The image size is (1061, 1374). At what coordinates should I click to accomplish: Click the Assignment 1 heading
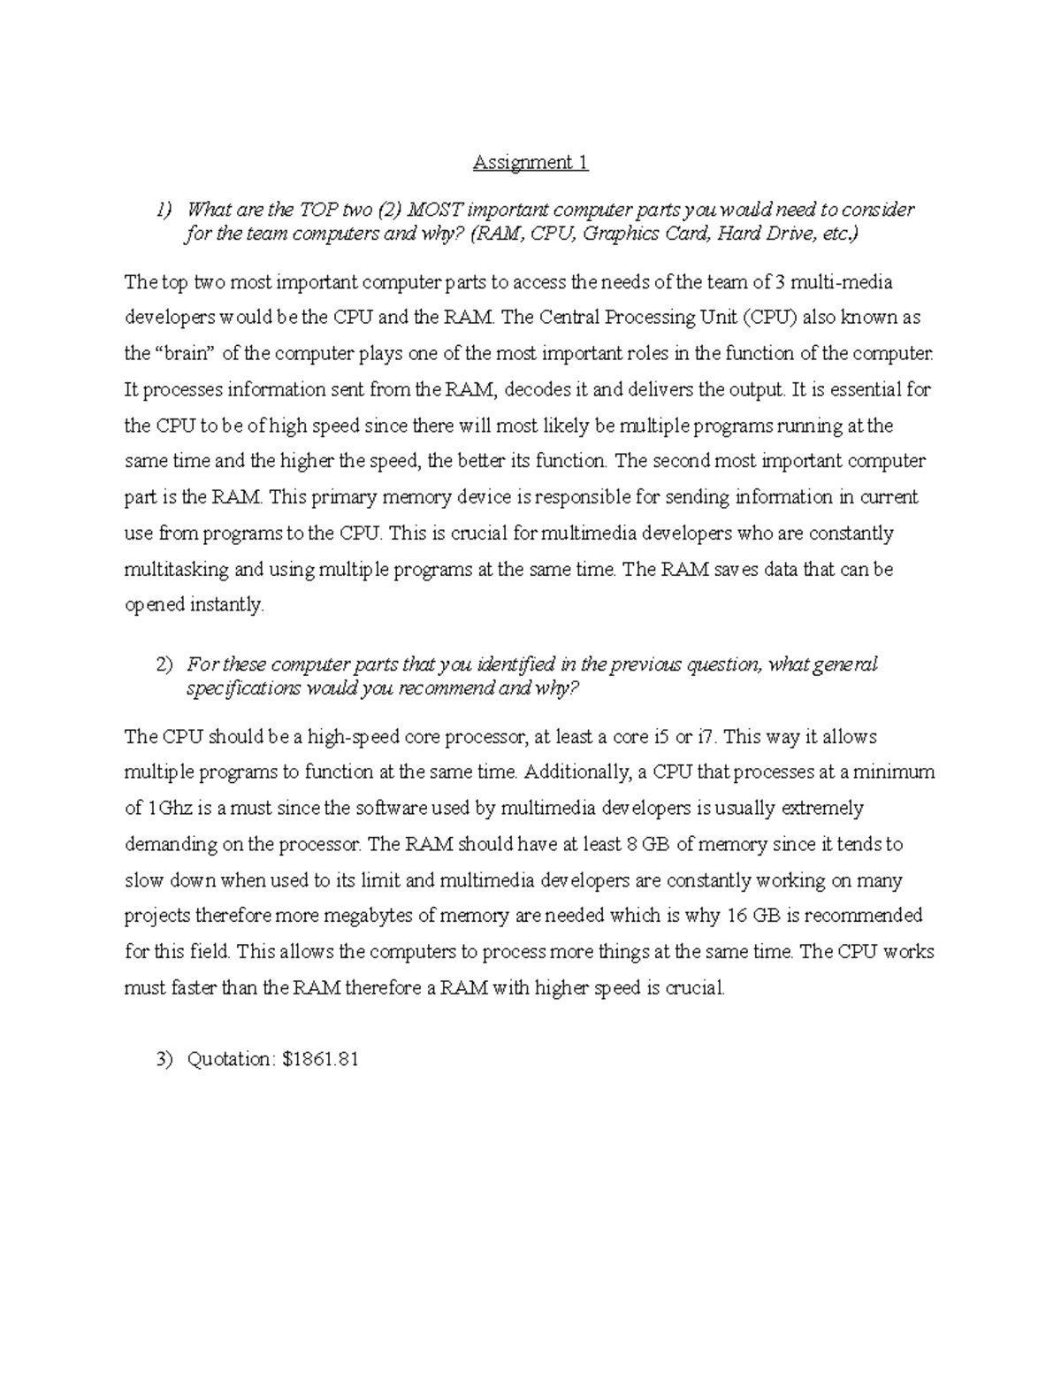click(x=530, y=163)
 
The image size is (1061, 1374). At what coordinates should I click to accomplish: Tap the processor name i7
click(x=705, y=736)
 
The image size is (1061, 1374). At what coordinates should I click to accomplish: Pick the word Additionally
click(x=578, y=771)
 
